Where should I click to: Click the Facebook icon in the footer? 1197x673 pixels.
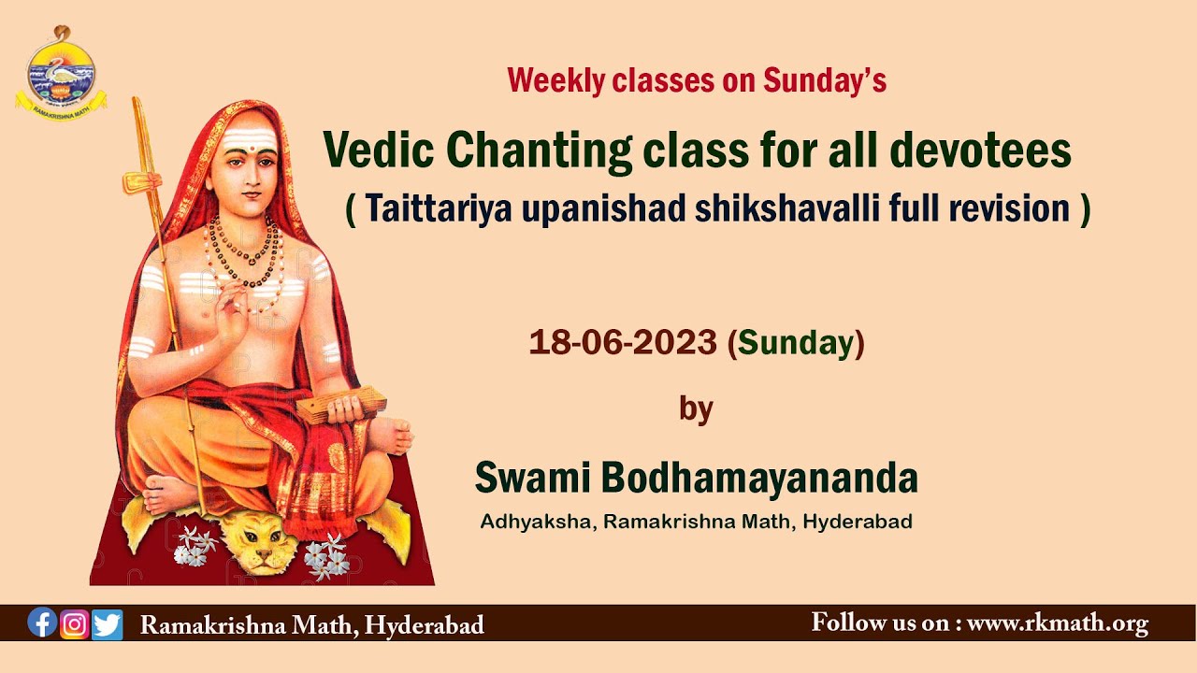42,623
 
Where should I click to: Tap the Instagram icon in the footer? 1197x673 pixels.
75,623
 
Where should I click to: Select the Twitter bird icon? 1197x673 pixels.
108,623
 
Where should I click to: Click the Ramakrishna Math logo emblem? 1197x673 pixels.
61,73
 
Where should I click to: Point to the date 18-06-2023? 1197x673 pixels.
624,343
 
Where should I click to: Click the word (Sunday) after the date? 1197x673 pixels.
796,343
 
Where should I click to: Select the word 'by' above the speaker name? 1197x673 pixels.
696,408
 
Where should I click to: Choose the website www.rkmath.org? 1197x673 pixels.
1057,623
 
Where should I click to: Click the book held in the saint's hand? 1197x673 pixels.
340,403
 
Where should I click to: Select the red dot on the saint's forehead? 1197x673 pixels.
248,150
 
